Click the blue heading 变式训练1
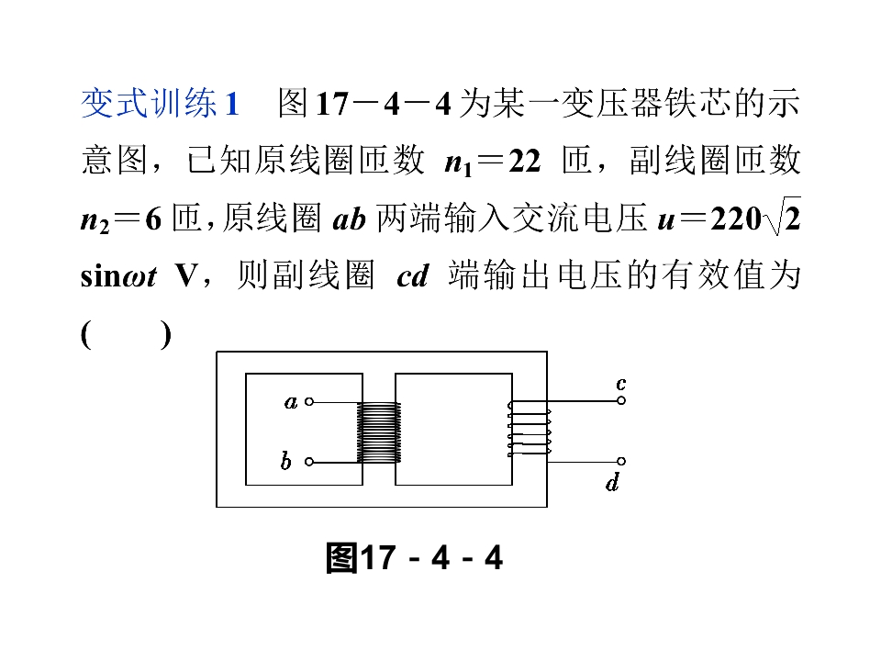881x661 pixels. tap(161, 104)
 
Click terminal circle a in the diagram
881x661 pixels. tap(309, 401)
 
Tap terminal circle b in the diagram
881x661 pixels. tap(309, 462)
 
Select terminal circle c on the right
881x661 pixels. tap(621, 401)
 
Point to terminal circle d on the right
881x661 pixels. tap(621, 462)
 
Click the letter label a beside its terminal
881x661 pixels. tap(291, 402)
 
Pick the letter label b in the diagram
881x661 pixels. tap(286, 461)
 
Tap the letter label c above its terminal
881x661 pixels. tap(621, 384)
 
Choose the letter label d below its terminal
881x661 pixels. tap(613, 482)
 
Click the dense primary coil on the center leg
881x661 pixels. tap(379, 431)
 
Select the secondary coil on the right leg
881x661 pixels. tap(530, 429)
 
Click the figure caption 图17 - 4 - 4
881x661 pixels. tap(415, 558)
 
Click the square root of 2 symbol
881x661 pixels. tap(782, 217)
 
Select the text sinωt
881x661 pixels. tap(118, 276)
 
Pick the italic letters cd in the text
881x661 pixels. tap(413, 276)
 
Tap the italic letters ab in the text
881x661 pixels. tap(350, 218)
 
